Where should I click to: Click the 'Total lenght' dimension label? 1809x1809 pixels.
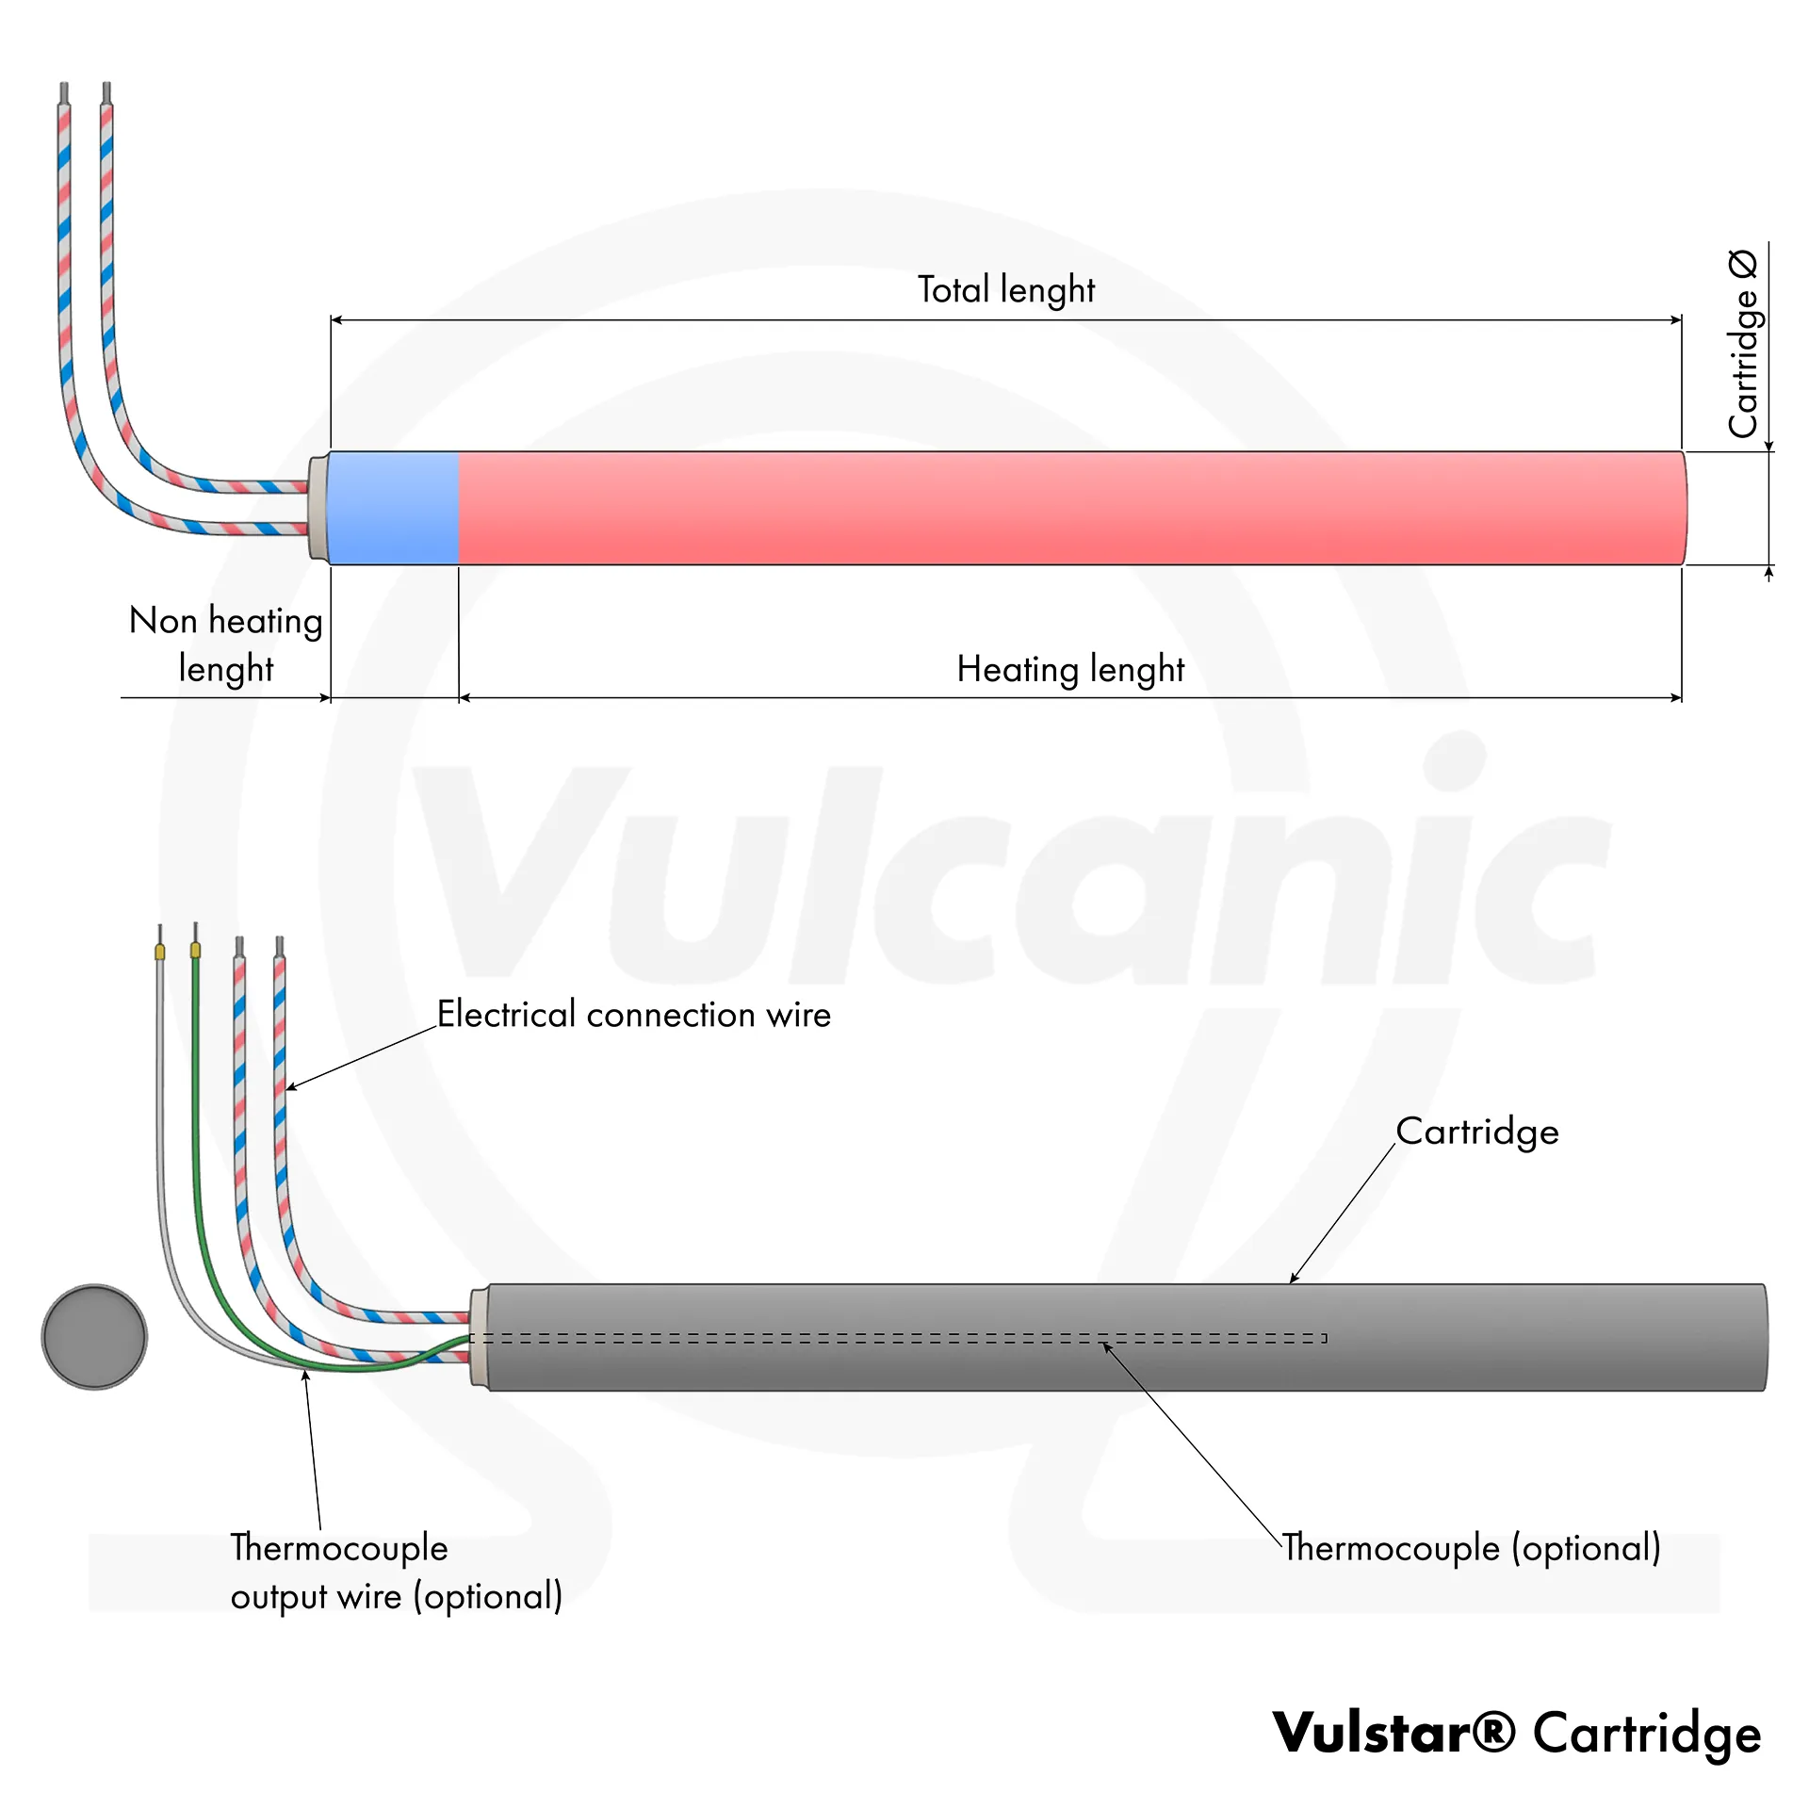click(x=1006, y=289)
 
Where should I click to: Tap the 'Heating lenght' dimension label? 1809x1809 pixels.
click(x=1070, y=669)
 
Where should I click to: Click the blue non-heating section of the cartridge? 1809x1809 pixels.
click(x=394, y=508)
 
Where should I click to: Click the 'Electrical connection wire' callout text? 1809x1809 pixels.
click(x=634, y=1015)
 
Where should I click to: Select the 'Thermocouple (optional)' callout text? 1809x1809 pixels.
click(x=1472, y=1548)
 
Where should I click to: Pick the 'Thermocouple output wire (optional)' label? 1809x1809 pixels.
click(x=396, y=1573)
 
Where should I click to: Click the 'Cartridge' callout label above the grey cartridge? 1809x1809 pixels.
click(x=1476, y=1132)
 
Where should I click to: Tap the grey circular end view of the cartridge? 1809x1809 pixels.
click(x=94, y=1336)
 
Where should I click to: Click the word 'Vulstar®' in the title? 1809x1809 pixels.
click(x=1394, y=1733)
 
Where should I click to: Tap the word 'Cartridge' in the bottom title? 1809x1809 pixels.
click(x=1647, y=1733)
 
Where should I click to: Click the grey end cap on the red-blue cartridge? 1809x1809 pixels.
click(x=318, y=508)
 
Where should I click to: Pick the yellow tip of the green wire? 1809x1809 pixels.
click(x=195, y=951)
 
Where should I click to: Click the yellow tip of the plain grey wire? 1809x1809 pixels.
click(x=160, y=953)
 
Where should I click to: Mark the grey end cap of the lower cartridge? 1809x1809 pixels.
click(x=480, y=1337)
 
